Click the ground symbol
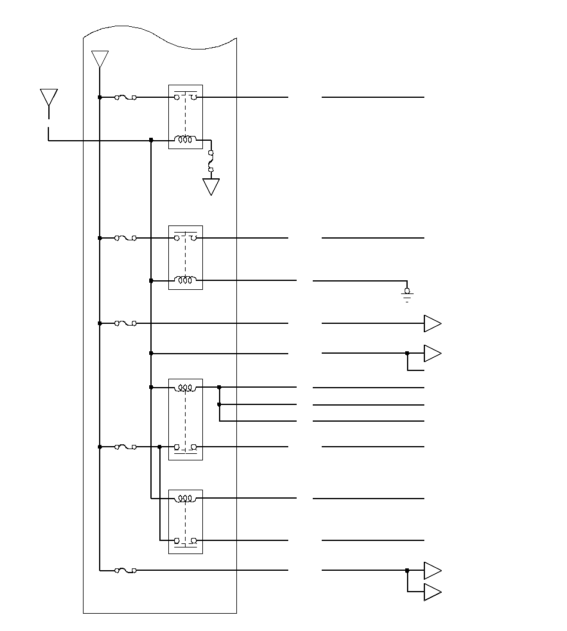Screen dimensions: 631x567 tap(407, 295)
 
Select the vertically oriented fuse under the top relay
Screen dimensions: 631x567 tap(211, 161)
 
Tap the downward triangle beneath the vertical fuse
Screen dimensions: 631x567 tap(211, 187)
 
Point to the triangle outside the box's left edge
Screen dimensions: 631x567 tap(48, 97)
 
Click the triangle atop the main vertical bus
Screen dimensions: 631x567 tap(100, 59)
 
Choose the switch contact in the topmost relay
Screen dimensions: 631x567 tap(185, 97)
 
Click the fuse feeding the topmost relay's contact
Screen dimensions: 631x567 tap(125, 97)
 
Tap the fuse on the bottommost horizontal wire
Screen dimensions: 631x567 tap(125, 571)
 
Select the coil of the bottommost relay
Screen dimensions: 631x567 tap(185, 498)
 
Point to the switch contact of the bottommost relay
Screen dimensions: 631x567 tap(185, 540)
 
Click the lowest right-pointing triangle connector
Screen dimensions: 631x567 tap(432, 592)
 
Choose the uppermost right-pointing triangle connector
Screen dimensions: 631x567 tap(432, 323)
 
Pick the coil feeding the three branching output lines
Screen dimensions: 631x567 tap(185, 388)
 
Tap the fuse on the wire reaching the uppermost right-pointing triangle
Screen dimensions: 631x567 tap(125, 323)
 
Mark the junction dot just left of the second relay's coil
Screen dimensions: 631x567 tap(151, 280)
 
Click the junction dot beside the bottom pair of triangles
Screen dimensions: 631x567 tap(407, 571)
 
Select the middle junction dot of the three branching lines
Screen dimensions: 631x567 tap(220, 404)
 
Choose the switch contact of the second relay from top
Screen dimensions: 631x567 tap(185, 238)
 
